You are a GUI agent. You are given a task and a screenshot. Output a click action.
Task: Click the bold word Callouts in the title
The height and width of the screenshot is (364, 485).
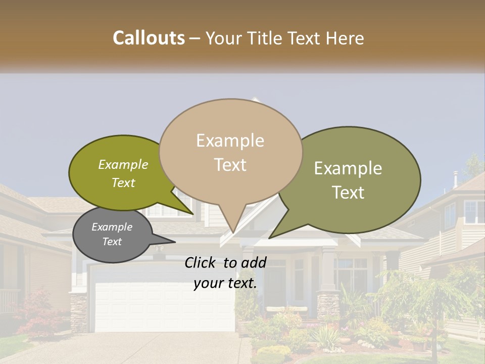pyautogui.click(x=149, y=38)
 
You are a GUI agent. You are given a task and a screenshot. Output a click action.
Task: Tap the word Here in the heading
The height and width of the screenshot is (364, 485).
pyautogui.click(x=345, y=38)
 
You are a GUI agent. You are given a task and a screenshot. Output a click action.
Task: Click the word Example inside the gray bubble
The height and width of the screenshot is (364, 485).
pyautogui.click(x=112, y=227)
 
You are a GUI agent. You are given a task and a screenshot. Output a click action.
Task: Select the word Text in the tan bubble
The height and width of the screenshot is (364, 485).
pyautogui.click(x=230, y=165)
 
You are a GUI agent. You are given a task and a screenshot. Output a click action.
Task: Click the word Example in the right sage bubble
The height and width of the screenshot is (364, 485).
pyautogui.click(x=348, y=168)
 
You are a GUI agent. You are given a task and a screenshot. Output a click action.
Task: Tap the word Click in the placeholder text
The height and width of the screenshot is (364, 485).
pyautogui.click(x=202, y=262)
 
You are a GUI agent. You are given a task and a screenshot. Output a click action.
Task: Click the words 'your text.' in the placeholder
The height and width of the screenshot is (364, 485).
pyautogui.click(x=225, y=284)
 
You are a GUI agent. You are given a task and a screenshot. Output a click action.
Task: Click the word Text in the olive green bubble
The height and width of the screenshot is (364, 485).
pyautogui.click(x=123, y=183)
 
